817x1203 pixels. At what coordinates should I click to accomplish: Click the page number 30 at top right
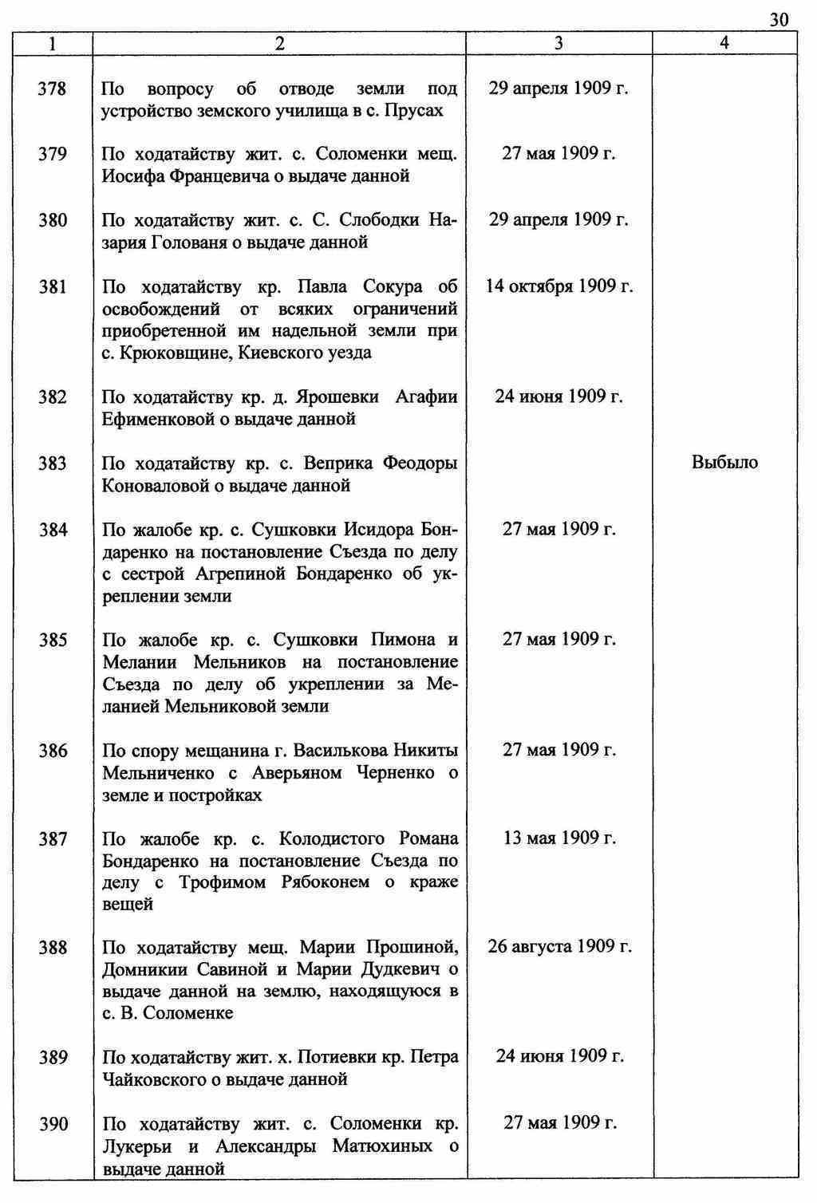pyautogui.click(x=779, y=20)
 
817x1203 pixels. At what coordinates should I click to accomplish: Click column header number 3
pyautogui.click(x=558, y=44)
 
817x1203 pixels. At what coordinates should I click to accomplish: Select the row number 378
pyautogui.click(x=53, y=89)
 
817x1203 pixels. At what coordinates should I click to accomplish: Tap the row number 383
pyautogui.click(x=53, y=463)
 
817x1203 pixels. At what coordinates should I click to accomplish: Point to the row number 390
pyautogui.click(x=53, y=1125)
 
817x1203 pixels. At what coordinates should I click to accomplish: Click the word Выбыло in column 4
pyautogui.click(x=724, y=463)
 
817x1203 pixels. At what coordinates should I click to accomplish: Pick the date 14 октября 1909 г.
pyautogui.click(x=559, y=286)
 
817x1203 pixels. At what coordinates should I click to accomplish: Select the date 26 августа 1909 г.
pyautogui.click(x=559, y=947)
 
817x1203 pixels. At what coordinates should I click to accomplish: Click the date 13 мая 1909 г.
pyautogui.click(x=559, y=838)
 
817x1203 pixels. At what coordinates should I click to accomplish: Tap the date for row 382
pyautogui.click(x=559, y=396)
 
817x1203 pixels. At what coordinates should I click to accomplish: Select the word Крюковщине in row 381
pyautogui.click(x=164, y=353)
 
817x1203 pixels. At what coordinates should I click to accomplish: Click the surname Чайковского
pyautogui.click(x=165, y=1079)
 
